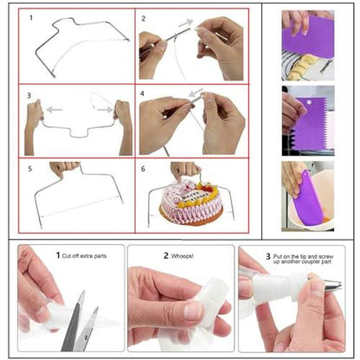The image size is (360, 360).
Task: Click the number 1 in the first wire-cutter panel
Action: click(x=30, y=17)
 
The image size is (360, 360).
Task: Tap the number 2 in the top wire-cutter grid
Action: click(x=144, y=17)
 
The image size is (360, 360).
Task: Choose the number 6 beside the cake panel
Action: click(x=144, y=169)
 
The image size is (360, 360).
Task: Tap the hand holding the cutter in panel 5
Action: click(x=65, y=169)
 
